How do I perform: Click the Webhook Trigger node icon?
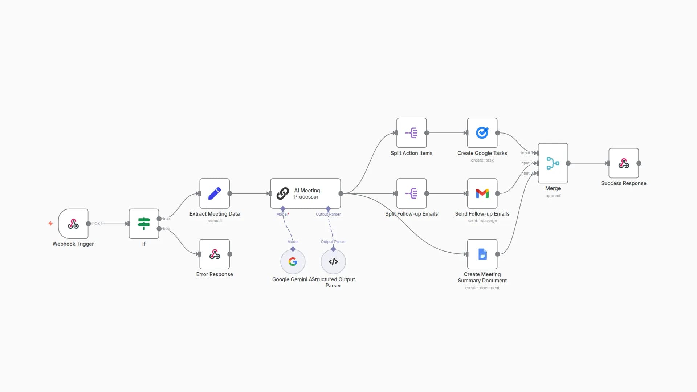click(x=73, y=224)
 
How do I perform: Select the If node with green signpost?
click(x=144, y=224)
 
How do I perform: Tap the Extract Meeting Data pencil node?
click(x=214, y=193)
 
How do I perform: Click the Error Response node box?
click(x=214, y=254)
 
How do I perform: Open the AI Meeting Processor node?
click(x=305, y=193)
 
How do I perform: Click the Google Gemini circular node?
click(x=293, y=262)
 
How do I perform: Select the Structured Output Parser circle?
click(x=333, y=262)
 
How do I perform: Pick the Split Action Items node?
click(x=411, y=133)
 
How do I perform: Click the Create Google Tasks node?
click(x=482, y=133)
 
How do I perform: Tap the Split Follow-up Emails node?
click(x=411, y=193)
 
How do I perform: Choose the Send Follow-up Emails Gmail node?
click(x=482, y=193)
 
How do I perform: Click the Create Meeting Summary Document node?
click(x=482, y=254)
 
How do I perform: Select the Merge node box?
click(x=553, y=163)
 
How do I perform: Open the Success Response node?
click(x=623, y=163)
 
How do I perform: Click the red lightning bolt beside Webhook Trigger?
click(x=50, y=224)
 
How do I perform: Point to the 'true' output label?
click(x=166, y=219)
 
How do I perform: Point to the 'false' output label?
click(x=167, y=229)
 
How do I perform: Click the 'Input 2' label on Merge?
click(x=526, y=163)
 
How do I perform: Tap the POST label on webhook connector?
click(x=97, y=224)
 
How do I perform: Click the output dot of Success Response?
click(x=639, y=163)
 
